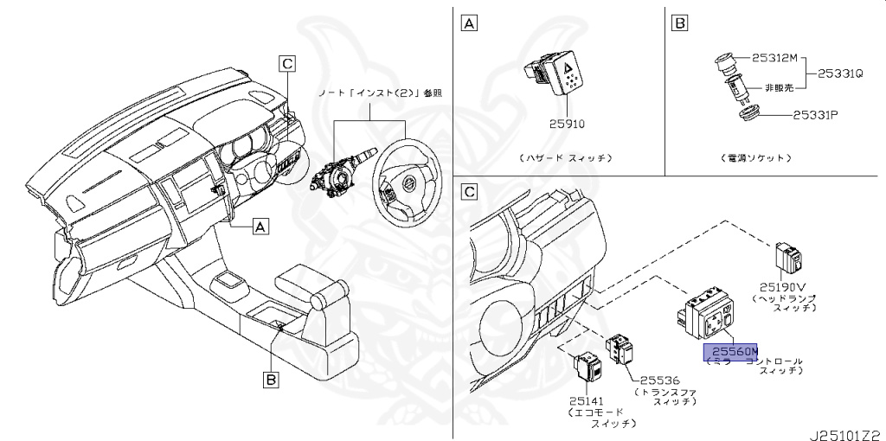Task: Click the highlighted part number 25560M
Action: click(x=729, y=351)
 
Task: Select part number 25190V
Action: click(x=783, y=287)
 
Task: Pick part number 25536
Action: click(x=658, y=380)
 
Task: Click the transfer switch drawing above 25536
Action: click(x=621, y=348)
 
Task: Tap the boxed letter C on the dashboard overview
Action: click(x=287, y=62)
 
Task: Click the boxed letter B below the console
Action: click(x=270, y=379)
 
